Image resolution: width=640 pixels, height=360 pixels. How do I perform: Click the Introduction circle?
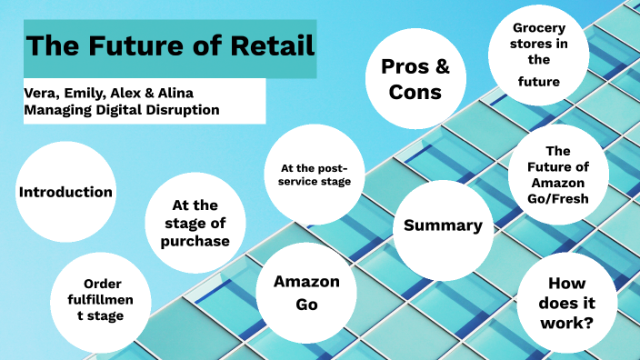tap(65, 193)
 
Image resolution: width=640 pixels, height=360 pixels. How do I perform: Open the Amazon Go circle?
tap(306, 293)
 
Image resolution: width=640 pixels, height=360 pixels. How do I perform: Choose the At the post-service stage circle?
tap(315, 175)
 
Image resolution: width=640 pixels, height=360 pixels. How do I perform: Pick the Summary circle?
tap(443, 226)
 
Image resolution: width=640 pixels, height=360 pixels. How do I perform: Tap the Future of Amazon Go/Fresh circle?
tap(558, 174)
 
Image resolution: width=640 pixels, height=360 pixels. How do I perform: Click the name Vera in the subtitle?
tap(41, 93)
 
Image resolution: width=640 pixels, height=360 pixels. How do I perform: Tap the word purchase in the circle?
tap(195, 241)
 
